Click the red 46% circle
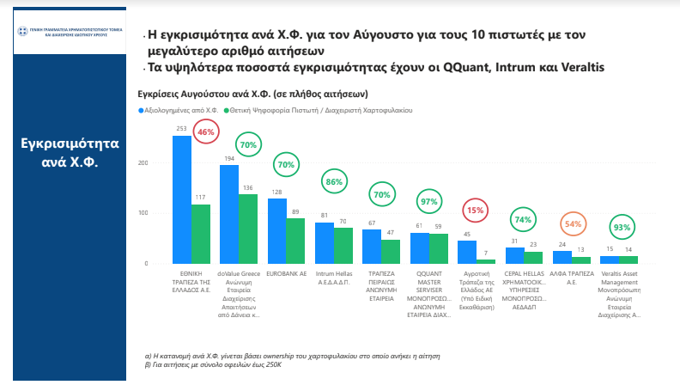point(206,132)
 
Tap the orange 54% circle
point(573,224)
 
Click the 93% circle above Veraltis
point(620,228)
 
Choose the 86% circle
point(334,182)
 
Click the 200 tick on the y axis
point(143,162)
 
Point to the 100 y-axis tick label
point(143,213)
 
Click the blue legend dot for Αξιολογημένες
point(141,111)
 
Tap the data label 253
point(182,129)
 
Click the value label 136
point(248,188)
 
